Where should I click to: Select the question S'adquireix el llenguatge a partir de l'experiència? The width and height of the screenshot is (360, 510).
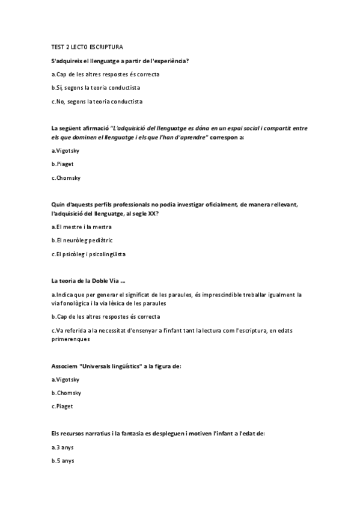[x=120, y=61]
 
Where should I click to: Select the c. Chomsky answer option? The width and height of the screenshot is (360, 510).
[x=67, y=178]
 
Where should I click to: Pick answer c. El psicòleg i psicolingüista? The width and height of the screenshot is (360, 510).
[x=89, y=254]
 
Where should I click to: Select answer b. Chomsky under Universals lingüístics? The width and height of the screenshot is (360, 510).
[x=67, y=393]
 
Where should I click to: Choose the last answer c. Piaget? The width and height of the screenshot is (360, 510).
[x=63, y=407]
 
